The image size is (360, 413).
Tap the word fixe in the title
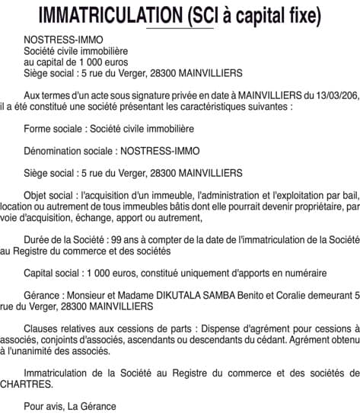299,14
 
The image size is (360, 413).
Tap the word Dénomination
53,151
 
